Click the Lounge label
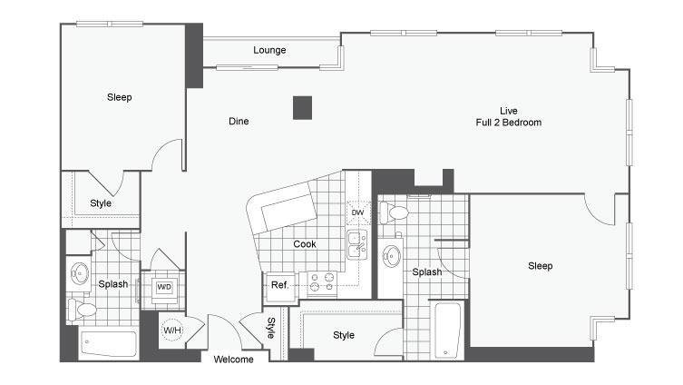(x=269, y=50)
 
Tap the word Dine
(x=239, y=121)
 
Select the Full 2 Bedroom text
(x=508, y=123)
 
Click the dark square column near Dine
(x=302, y=108)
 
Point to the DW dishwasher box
(x=358, y=212)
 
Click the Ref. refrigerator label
(x=279, y=285)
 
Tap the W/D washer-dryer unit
(x=164, y=287)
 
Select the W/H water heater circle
(x=172, y=330)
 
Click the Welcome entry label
(x=233, y=360)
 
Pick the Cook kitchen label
(x=305, y=244)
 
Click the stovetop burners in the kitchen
(x=322, y=282)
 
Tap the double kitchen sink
(x=357, y=244)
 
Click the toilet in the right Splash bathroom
(x=394, y=213)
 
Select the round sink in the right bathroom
(x=392, y=256)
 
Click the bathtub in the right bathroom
(x=447, y=331)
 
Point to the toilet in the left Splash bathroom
(x=83, y=310)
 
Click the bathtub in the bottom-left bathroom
(x=109, y=344)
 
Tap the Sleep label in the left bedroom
(x=120, y=97)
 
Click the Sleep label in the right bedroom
(x=540, y=266)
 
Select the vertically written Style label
(x=271, y=328)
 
